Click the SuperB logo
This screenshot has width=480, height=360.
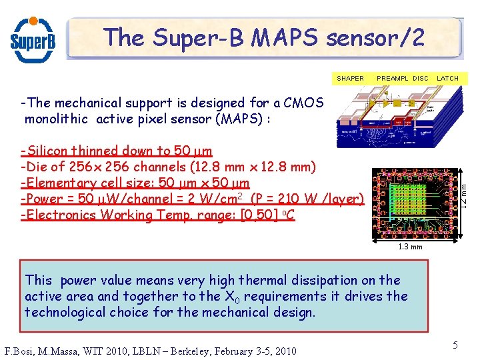32,38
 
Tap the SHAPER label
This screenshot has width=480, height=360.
350,78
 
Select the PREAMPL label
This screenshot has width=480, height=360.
393,78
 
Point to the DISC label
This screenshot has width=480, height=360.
421,78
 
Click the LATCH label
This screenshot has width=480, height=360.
447,78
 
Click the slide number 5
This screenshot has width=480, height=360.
455,345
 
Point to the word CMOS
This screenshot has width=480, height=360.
303,103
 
